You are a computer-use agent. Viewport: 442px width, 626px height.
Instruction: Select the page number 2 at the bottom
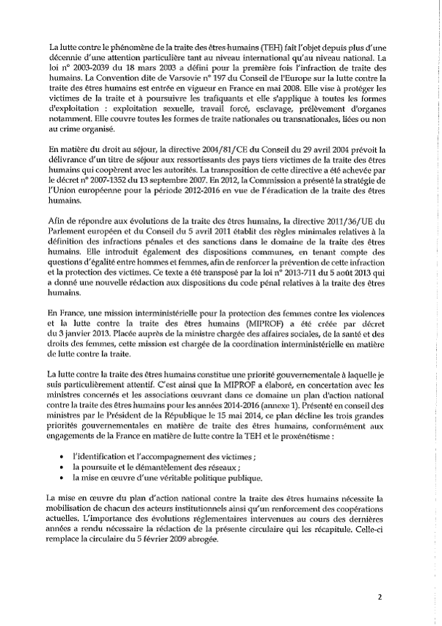pyautogui.click(x=380, y=597)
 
